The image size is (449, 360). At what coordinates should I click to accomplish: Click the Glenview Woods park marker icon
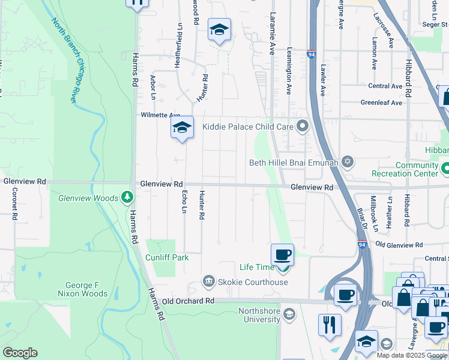127,197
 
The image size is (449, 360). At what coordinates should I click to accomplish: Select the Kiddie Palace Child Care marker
303,126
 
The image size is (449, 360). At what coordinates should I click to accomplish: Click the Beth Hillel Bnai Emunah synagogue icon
347,162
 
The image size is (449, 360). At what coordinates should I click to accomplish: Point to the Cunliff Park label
167,257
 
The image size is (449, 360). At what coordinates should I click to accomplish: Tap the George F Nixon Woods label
83,289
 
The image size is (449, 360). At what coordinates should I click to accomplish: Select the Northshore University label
259,315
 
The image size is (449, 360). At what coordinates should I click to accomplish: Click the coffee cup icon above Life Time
282,255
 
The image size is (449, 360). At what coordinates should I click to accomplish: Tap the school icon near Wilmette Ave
182,127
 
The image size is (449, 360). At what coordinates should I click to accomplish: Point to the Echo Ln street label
184,201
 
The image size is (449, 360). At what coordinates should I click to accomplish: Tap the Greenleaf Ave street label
381,103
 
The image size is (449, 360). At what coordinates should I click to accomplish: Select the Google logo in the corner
20,353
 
